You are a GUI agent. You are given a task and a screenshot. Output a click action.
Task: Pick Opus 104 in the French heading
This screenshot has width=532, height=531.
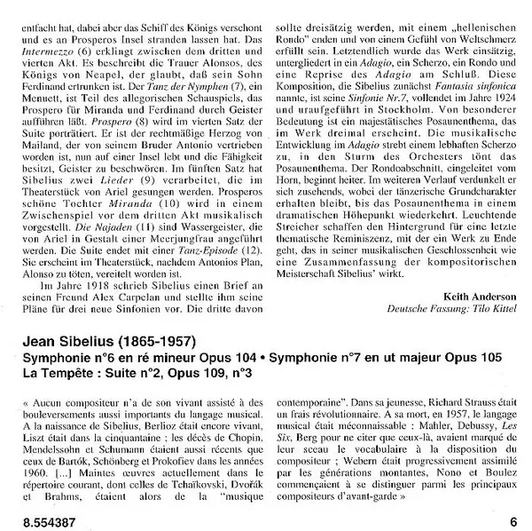tap(220, 356)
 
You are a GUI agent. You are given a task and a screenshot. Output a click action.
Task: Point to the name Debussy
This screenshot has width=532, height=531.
tap(471, 426)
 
